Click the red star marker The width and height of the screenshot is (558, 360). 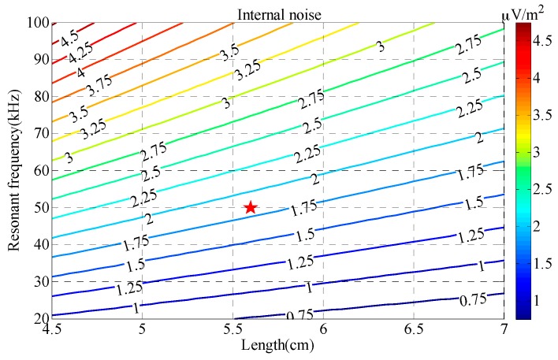(251, 207)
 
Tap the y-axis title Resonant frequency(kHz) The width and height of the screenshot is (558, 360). (13, 169)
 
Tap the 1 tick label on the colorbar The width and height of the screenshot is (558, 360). (542, 300)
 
